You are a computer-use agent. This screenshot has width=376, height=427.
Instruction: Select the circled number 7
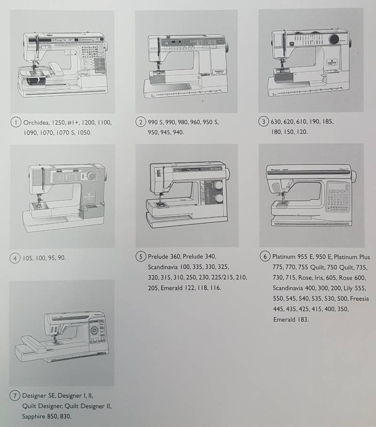(16, 396)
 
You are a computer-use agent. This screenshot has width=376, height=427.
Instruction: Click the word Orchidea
(36, 123)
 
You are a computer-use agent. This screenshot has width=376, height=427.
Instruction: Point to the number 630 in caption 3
(278, 122)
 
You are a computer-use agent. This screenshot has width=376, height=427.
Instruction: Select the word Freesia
(360, 299)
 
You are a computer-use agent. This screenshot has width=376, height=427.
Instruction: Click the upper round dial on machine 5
(218, 186)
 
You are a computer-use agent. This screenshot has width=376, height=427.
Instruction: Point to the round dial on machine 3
(336, 39)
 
